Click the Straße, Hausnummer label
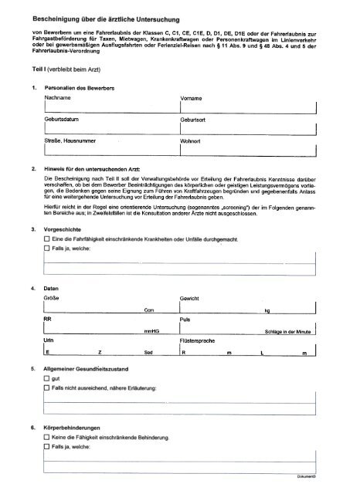(70, 142)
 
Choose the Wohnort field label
(192, 142)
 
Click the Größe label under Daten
(53, 296)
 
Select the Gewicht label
(191, 296)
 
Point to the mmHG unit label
(152, 331)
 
